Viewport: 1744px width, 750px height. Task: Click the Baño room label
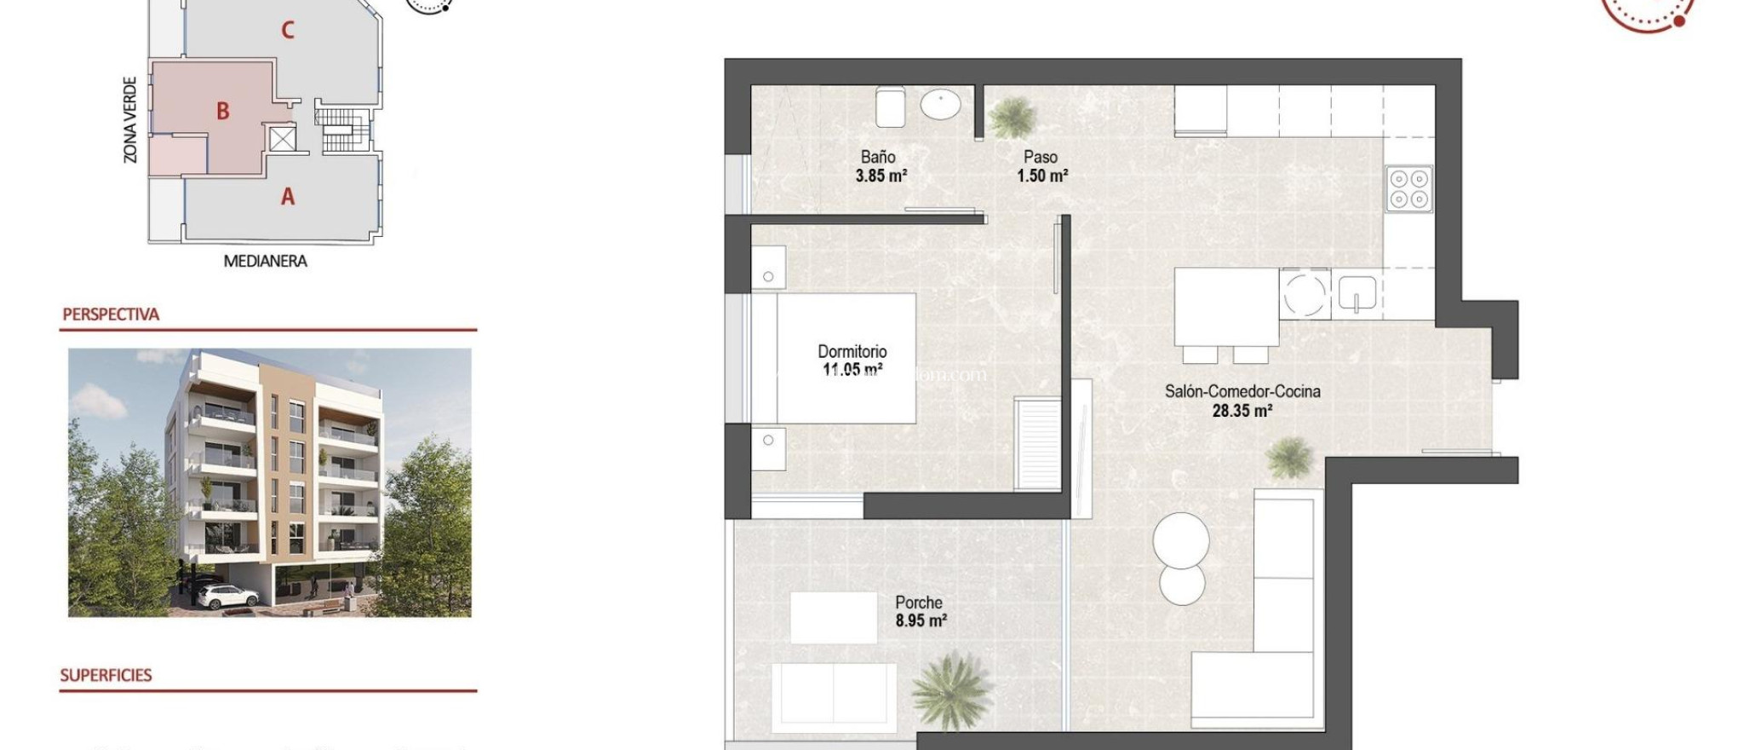tap(877, 157)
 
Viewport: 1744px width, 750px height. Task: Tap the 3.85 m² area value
tap(881, 176)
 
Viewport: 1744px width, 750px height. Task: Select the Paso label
tap(1040, 157)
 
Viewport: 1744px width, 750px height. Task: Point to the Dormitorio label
tap(852, 351)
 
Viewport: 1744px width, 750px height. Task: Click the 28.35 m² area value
tap(1242, 411)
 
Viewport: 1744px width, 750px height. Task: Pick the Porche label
tap(918, 603)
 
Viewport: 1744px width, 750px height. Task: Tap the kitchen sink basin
tap(1357, 293)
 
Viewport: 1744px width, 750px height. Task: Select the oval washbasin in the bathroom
tap(940, 105)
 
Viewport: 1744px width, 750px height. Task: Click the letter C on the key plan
tap(288, 31)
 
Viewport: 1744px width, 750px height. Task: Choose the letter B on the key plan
tap(222, 111)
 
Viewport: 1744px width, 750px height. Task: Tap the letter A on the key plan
tap(288, 197)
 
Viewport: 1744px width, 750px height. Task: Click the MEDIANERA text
tap(265, 262)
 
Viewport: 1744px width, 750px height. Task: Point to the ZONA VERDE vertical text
tap(130, 119)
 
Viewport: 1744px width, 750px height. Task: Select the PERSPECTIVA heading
tap(111, 314)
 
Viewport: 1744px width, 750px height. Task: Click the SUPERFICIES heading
tap(106, 675)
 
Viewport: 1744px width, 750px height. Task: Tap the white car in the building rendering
tap(227, 596)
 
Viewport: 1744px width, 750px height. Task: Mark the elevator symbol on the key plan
tap(282, 138)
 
